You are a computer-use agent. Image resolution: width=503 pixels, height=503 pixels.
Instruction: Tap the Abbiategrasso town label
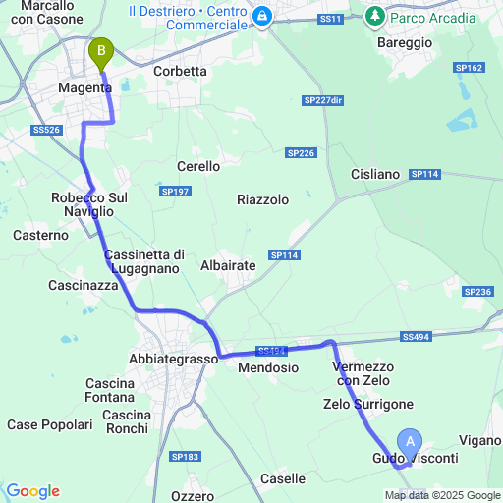pyautogui.click(x=173, y=360)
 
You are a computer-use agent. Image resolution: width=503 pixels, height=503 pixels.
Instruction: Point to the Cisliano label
pyautogui.click(x=375, y=175)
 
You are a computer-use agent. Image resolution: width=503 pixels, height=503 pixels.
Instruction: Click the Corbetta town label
pyautogui.click(x=181, y=72)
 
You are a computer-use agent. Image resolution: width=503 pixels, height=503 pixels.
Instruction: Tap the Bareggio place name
pyautogui.click(x=404, y=43)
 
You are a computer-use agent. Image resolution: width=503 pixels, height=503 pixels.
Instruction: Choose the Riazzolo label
pyautogui.click(x=262, y=199)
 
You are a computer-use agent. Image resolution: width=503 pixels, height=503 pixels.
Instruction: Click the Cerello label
pyautogui.click(x=197, y=167)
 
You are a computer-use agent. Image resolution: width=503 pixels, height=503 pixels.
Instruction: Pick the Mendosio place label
pyautogui.click(x=268, y=367)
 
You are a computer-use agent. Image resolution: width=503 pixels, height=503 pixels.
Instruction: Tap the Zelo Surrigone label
pyautogui.click(x=367, y=405)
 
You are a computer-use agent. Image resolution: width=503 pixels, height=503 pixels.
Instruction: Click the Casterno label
pyautogui.click(x=41, y=236)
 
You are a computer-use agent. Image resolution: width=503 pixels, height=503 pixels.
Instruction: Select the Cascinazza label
pyautogui.click(x=84, y=286)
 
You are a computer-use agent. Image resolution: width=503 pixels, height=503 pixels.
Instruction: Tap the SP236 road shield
pyautogui.click(x=477, y=292)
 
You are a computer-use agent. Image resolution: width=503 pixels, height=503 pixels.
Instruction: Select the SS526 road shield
pyautogui.click(x=46, y=130)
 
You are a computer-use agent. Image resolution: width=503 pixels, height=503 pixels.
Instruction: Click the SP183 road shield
pyautogui.click(x=184, y=457)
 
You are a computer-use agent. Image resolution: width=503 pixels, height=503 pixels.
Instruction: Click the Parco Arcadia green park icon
pyautogui.click(x=374, y=17)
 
